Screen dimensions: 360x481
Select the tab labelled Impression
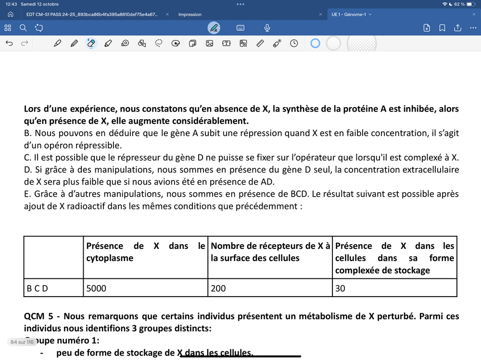click(x=190, y=14)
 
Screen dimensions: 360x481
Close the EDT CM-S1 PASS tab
click(x=167, y=14)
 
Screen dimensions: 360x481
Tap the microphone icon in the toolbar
click(x=267, y=28)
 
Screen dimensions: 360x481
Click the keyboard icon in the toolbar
click(x=240, y=28)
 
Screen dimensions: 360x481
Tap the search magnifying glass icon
click(x=23, y=28)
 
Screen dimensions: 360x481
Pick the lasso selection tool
click(x=159, y=43)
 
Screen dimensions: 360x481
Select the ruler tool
click(x=260, y=43)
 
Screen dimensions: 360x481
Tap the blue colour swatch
click(x=315, y=43)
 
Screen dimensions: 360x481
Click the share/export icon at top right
click(x=457, y=28)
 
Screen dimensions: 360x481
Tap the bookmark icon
click(x=442, y=28)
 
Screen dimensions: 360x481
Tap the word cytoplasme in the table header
click(x=110, y=258)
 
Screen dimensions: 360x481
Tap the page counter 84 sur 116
click(x=21, y=342)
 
